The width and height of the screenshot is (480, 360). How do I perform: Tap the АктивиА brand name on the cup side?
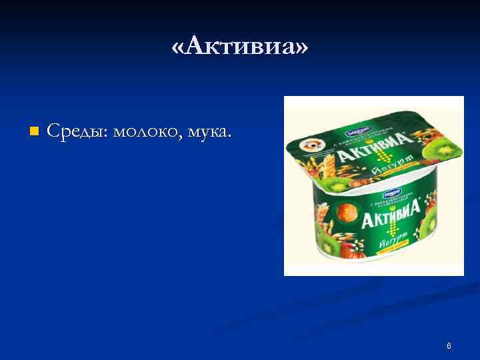[395, 213]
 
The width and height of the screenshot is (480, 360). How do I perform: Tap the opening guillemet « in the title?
[178, 48]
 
